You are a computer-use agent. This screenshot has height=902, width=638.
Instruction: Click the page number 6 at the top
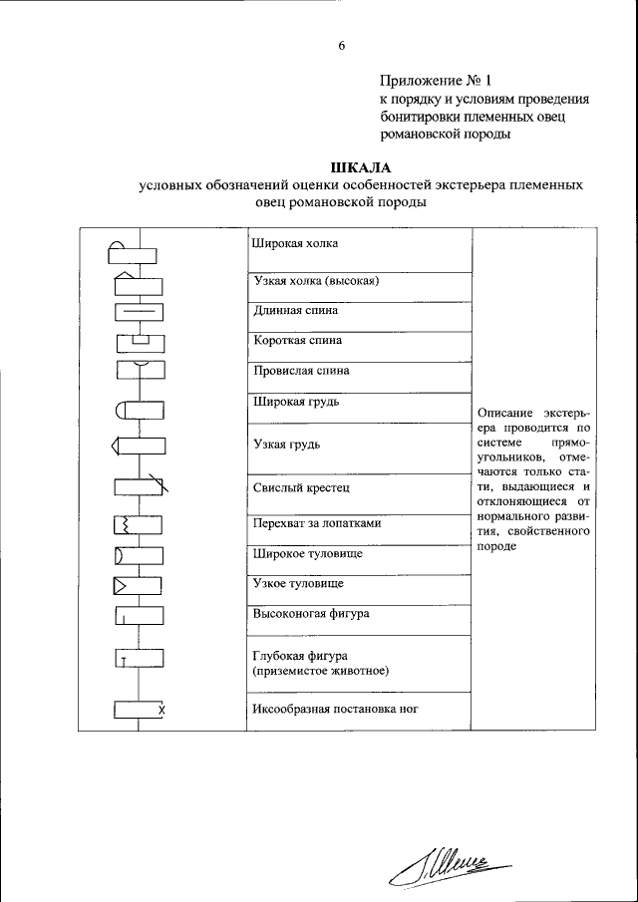[x=341, y=46]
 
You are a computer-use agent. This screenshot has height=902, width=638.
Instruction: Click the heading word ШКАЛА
[x=360, y=166]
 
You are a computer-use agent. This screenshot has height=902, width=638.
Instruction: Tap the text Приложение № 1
[x=436, y=80]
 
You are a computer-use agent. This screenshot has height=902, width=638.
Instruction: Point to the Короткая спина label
[x=298, y=340]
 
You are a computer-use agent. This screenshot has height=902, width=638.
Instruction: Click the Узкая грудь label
[x=287, y=444]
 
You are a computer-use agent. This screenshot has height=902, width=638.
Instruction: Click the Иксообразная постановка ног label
[x=333, y=710]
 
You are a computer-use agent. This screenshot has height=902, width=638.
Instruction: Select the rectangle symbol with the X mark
[x=140, y=710]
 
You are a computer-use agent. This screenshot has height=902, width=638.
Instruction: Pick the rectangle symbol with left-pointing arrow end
[x=138, y=445]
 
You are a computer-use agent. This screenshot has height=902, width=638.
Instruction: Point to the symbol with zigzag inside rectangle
[x=139, y=524]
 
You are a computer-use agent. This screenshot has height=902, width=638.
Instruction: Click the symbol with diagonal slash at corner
[x=141, y=486]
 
